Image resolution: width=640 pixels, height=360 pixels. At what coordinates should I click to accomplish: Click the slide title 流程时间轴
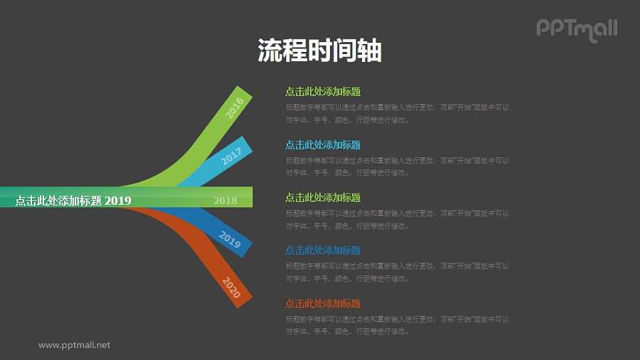319,51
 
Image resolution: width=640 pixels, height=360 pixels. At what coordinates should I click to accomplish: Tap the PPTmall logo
577,29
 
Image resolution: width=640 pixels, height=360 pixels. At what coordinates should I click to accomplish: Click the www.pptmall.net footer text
74,345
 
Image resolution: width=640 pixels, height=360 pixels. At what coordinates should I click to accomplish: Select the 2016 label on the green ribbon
235,107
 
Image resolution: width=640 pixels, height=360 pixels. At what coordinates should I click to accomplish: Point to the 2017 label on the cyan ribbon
231,156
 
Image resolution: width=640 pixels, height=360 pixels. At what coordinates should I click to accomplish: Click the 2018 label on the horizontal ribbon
225,201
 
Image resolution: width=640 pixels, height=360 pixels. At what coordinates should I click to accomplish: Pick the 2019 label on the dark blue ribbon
230,240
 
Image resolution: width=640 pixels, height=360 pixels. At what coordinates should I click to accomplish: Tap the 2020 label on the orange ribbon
232,287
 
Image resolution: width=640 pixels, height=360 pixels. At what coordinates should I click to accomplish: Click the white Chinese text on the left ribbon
58,201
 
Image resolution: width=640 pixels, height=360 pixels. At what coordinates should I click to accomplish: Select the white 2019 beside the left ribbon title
118,201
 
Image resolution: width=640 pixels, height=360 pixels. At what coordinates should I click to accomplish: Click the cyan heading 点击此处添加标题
323,144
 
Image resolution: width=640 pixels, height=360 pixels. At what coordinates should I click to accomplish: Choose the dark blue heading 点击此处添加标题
323,250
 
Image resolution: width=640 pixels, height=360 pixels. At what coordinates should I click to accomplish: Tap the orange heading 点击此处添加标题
323,303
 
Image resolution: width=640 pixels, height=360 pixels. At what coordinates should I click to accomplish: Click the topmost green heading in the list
323,91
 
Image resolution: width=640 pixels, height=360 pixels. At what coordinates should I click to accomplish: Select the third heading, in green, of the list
323,197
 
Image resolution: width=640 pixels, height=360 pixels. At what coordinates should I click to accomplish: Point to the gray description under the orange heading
397,325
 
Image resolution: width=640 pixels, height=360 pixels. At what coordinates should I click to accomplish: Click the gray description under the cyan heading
397,166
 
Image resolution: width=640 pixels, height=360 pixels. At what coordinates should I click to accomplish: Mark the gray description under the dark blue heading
397,272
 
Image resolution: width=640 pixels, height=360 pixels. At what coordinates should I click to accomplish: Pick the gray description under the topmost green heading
397,114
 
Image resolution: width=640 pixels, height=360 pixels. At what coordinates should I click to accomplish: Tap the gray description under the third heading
397,219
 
